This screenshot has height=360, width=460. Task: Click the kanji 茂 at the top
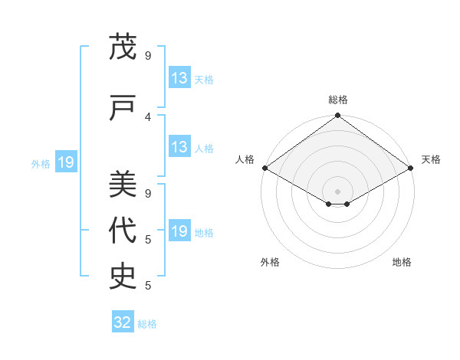pos(123,47)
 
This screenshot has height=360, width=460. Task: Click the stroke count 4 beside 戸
pos(148,116)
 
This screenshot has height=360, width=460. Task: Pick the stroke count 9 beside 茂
pos(148,56)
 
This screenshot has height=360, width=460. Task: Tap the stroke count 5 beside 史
pos(148,286)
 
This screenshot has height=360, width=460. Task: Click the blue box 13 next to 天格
pos(179,78)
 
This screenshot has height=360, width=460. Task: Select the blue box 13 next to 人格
pos(179,147)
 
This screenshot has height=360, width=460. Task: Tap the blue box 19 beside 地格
pos(179,231)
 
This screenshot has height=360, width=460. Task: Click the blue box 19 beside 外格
pos(66,162)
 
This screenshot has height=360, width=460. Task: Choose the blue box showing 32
pos(123,322)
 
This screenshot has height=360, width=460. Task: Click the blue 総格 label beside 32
pos(147,324)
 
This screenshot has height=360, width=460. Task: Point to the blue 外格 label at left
pos(41,163)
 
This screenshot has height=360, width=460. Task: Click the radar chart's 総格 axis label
pos(337,100)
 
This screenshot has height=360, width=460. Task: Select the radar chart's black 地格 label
pos(402,262)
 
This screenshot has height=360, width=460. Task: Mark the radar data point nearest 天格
pos(411,168)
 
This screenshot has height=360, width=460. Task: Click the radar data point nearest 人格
pos(264,168)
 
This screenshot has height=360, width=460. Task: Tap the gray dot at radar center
pos(337,190)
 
